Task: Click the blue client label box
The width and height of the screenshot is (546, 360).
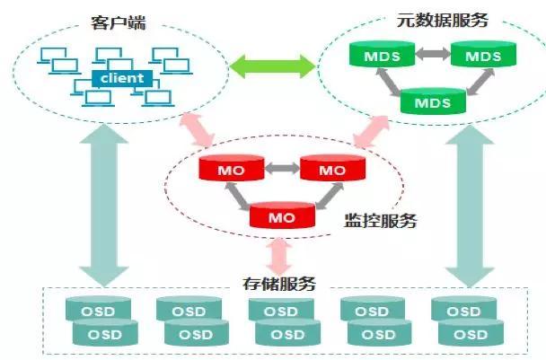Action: click(122, 78)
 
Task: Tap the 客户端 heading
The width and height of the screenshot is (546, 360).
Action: click(119, 22)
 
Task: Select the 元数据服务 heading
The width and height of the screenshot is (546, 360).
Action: click(442, 20)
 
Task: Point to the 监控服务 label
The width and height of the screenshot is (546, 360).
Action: click(380, 220)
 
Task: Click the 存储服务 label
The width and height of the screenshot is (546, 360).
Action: click(279, 284)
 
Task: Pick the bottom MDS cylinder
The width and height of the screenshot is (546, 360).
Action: click(433, 101)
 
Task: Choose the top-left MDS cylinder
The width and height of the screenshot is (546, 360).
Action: click(382, 54)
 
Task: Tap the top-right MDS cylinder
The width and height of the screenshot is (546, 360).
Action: click(483, 54)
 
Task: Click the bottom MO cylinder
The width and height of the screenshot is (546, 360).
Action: click(282, 215)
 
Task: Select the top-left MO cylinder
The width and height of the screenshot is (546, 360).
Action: click(231, 168)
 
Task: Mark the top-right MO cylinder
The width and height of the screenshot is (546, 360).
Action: click(332, 168)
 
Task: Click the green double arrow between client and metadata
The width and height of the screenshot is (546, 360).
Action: click(273, 66)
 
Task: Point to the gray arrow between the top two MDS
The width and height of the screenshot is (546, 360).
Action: click(433, 54)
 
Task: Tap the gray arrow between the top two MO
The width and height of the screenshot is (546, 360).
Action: click(282, 169)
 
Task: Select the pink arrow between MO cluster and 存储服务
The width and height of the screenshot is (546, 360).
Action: click(279, 257)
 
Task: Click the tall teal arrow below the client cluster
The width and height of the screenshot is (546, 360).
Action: click(104, 206)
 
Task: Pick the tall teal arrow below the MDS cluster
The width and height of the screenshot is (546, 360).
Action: click(470, 206)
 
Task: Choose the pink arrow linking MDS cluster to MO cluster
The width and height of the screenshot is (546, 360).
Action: click(371, 132)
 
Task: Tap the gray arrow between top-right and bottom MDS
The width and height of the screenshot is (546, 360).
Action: click(480, 82)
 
